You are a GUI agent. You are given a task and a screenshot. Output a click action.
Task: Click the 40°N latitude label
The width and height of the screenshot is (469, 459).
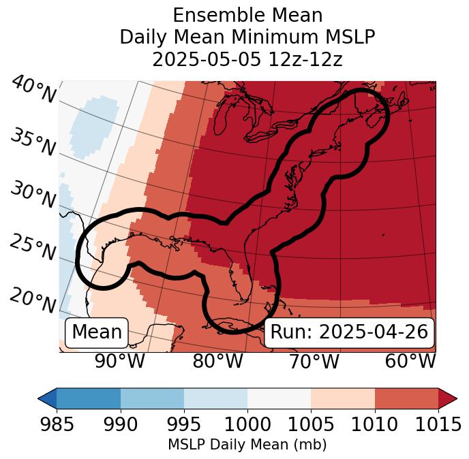(33, 90)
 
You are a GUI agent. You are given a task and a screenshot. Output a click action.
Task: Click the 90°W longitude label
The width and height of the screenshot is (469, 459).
(119, 361)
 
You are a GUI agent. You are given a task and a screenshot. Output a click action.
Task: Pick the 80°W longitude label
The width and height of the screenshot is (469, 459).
(218, 361)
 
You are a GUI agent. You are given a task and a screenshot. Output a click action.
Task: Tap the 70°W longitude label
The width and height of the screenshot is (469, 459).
(314, 361)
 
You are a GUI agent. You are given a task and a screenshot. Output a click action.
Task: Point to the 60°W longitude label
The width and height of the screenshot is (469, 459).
(410, 361)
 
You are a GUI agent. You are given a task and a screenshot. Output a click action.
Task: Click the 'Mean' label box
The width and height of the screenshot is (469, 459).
(97, 332)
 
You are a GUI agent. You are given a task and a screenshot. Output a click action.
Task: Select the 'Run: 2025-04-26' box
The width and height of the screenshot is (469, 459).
(349, 332)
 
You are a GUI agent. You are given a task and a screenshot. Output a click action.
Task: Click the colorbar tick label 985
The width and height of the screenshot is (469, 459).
(57, 425)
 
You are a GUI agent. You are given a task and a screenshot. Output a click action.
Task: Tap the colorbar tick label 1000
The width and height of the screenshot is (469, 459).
(247, 425)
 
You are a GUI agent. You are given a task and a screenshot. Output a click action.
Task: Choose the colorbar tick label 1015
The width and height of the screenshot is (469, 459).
(437, 425)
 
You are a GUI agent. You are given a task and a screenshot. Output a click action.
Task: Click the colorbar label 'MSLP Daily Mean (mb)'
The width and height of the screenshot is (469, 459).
(247, 445)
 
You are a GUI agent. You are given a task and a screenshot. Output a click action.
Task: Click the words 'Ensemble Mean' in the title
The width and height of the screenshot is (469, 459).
(247, 15)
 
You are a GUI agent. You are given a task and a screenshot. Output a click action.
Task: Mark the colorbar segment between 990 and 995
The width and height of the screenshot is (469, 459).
(152, 398)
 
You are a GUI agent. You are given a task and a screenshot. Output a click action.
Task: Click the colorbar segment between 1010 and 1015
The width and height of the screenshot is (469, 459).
(406, 398)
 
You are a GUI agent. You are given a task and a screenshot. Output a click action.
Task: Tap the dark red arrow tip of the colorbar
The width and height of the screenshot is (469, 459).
(448, 398)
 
